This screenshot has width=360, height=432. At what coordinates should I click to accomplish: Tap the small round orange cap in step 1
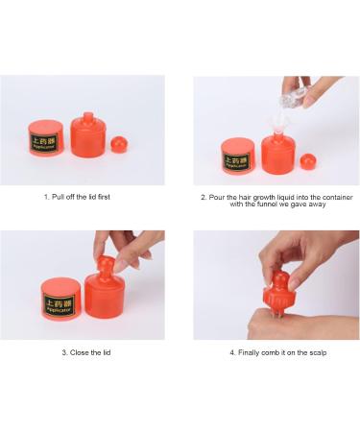coord(120,145)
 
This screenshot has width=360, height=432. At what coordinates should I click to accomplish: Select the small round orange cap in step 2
coord(308,160)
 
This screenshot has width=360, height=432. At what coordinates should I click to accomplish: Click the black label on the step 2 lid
coord(237,156)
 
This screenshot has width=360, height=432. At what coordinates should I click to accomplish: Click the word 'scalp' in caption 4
coord(314,352)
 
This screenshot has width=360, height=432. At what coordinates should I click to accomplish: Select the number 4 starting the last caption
coord(231,352)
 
